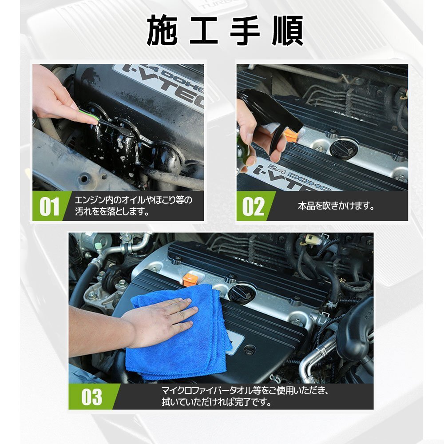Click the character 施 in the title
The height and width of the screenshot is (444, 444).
[162, 31]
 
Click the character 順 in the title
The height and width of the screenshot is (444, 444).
[288, 31]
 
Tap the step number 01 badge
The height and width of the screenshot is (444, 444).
[49, 206]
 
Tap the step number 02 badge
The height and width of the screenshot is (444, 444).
[253, 206]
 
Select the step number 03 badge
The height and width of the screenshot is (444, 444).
[92, 396]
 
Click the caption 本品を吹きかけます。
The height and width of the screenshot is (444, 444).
[336, 206]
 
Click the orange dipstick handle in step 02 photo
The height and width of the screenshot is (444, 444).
[290, 135]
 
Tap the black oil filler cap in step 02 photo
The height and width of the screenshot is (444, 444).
[344, 148]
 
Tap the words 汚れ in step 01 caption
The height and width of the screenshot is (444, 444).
[84, 211]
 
